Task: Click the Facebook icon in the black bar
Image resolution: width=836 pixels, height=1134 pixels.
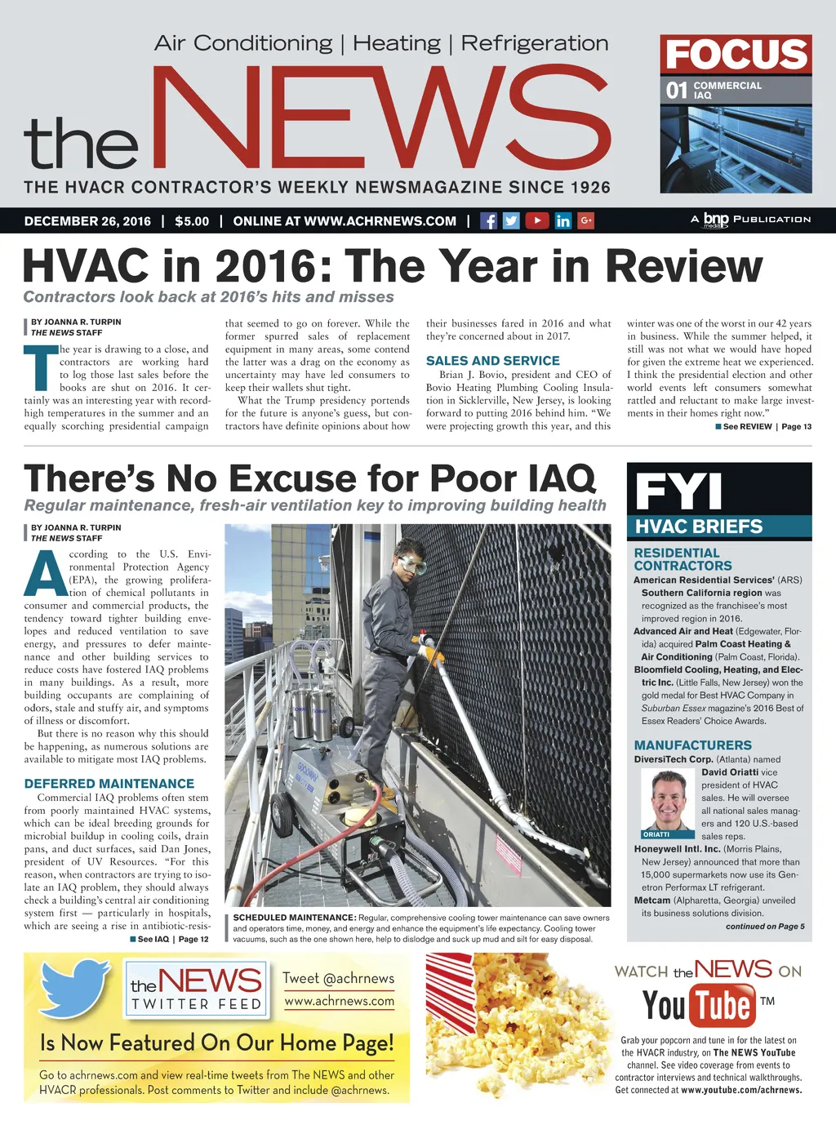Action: pos(488,220)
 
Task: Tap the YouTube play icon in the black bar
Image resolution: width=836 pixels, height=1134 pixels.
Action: pos(536,220)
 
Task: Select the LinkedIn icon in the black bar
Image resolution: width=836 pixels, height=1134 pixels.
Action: pos(563,220)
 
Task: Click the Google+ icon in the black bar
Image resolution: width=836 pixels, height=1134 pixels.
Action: pos(585,220)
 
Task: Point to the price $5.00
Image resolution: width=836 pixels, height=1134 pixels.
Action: pos(192,221)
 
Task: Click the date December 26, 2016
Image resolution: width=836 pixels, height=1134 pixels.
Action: pos(87,221)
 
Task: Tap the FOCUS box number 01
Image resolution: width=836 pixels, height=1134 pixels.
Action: pos(677,90)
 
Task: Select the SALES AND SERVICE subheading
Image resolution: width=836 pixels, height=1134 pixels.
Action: pos(492,361)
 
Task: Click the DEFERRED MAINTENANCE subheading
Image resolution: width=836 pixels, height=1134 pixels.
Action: pos(109,784)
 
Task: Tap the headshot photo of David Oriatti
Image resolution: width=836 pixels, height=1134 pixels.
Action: pos(667,801)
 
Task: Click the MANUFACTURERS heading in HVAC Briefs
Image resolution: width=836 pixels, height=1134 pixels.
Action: pos(692,745)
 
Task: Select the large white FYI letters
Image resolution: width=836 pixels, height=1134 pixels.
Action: pos(678,491)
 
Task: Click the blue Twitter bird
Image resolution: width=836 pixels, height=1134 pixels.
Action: pos(76,989)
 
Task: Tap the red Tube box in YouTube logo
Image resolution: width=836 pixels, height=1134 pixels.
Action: pos(723,1005)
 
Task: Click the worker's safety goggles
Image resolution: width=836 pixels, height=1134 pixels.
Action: pos(412,564)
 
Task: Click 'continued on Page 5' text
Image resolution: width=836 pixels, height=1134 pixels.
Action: pos(764,927)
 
